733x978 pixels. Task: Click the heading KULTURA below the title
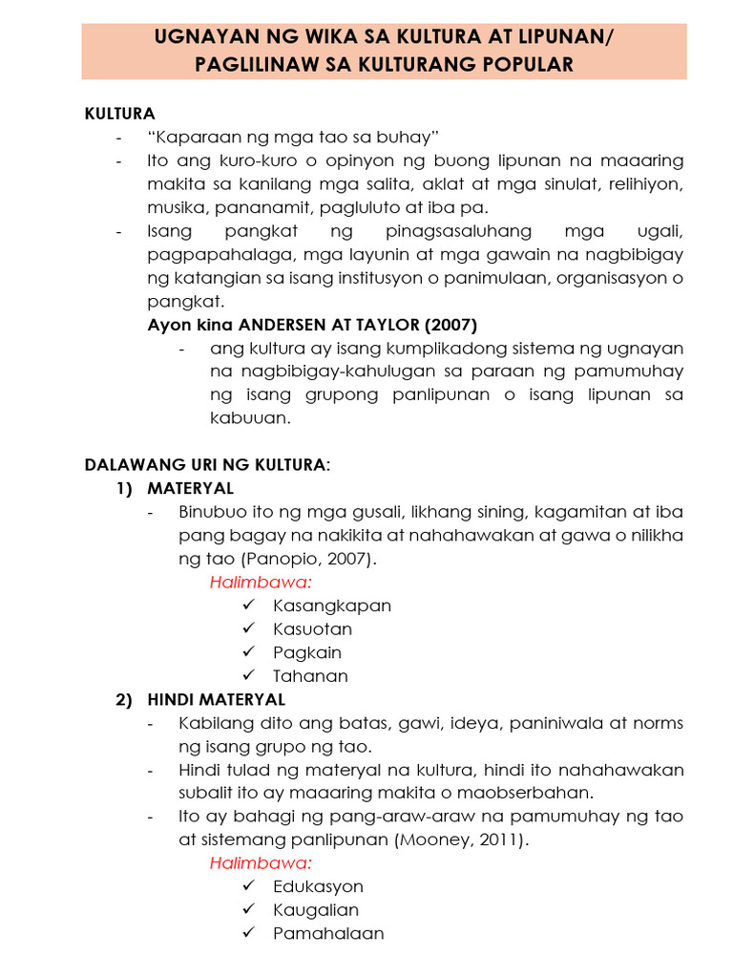(120, 114)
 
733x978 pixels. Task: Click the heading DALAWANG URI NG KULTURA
(205, 465)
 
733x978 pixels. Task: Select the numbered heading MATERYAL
(190, 488)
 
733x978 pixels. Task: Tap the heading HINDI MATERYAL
(216, 700)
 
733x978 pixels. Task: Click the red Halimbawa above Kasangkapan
(262, 583)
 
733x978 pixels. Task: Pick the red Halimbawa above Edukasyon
(262, 863)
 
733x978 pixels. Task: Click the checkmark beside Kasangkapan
(249, 606)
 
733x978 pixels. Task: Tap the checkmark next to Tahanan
(249, 675)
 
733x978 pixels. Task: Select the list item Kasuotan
(312, 629)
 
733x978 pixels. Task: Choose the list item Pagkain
(306, 652)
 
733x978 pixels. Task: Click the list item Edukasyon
(318, 886)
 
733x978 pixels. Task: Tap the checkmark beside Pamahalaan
(249, 933)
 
